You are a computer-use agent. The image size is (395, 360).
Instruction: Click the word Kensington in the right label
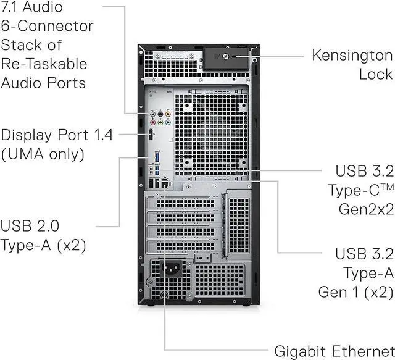[x=352, y=54]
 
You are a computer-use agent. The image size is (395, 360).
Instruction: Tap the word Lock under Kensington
[x=375, y=74]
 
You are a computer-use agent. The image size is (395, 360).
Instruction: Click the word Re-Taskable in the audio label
[x=44, y=64]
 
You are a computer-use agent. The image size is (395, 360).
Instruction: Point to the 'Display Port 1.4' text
[x=57, y=135]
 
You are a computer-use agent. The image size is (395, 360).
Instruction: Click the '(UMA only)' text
[x=42, y=154]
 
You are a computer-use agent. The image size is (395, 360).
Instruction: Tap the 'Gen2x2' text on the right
[x=366, y=209]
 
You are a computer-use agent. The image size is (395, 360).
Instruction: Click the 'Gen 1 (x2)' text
[x=355, y=291]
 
